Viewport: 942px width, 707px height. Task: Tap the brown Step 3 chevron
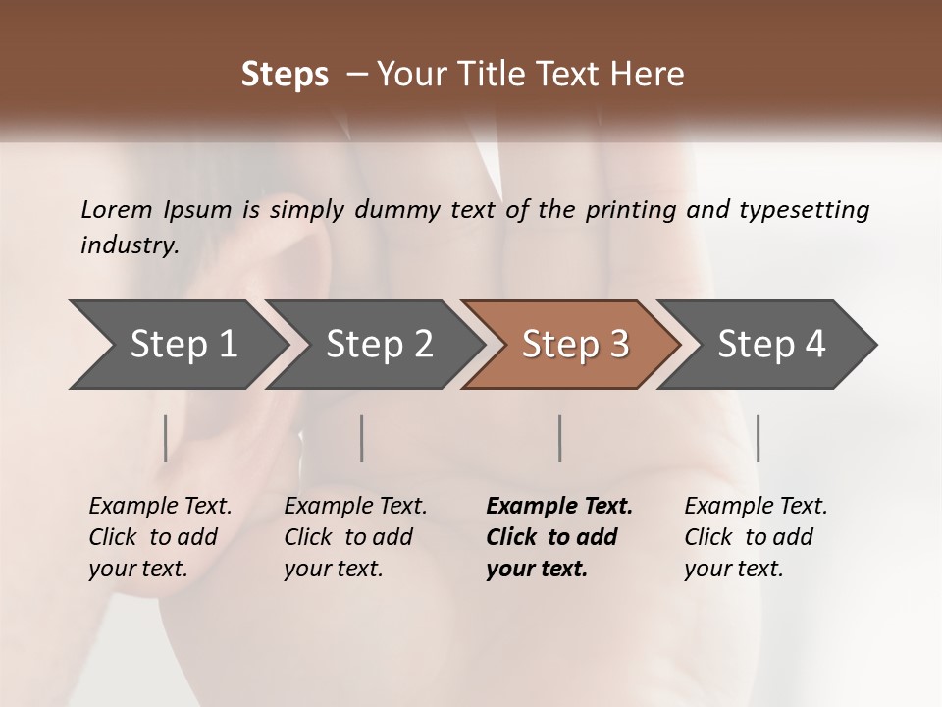574,344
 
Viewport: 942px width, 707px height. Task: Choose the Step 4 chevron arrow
770,344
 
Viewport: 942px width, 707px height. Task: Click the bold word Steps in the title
285,74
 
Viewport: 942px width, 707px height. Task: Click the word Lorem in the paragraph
116,209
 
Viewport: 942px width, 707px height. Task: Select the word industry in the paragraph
129,245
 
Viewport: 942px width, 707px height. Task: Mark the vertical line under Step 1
166,438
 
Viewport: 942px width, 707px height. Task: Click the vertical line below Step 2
362,438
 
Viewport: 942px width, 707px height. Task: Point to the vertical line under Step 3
560,438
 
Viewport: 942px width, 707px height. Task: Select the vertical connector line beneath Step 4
758,438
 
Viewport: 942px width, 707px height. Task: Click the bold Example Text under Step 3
559,506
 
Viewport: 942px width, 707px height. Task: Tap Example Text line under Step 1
160,506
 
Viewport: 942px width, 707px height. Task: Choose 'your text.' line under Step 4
733,569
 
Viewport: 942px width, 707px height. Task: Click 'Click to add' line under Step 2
348,537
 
